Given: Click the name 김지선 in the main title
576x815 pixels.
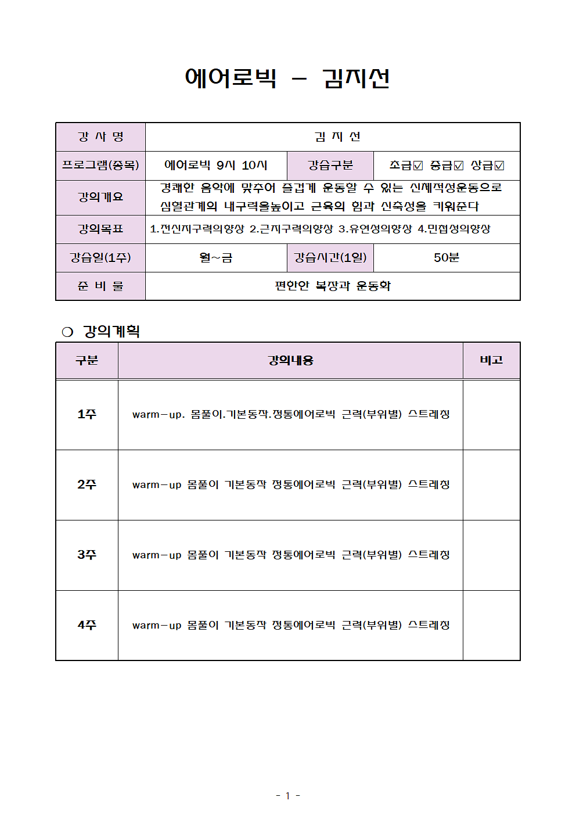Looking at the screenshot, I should (x=355, y=78).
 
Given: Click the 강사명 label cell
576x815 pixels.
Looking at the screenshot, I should (x=100, y=137).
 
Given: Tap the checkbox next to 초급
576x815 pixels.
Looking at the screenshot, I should (x=418, y=166).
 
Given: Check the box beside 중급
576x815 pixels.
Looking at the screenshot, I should (x=459, y=166).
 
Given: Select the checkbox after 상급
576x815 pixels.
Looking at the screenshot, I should (x=499, y=166).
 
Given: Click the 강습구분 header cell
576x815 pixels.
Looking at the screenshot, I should (x=330, y=166).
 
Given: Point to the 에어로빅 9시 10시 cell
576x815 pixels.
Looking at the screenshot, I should (x=215, y=166).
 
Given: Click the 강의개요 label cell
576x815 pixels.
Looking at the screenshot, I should (x=100, y=198).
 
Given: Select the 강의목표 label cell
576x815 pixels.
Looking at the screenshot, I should (x=100, y=229).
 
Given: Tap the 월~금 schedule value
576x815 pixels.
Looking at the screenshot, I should (x=215, y=258).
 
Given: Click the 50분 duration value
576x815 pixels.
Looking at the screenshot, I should (x=446, y=258).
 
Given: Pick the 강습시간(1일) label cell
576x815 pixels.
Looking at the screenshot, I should (x=330, y=257).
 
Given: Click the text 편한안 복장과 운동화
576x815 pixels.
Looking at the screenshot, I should (x=332, y=286).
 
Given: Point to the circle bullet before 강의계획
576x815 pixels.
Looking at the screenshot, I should (x=67, y=332).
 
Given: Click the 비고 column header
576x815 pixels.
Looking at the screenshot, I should (x=491, y=360).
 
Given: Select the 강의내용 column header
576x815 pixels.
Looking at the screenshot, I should (x=290, y=360).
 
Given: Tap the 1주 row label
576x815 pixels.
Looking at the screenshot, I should (x=87, y=414).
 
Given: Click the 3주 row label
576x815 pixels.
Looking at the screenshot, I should (x=87, y=555).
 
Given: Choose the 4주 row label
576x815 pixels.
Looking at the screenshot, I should (x=87, y=625).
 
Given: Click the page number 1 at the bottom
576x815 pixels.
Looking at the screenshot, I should (x=287, y=796).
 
